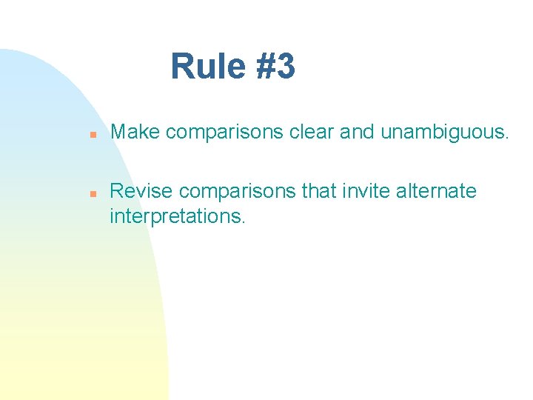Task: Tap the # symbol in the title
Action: click(266, 67)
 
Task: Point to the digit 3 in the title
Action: click(286, 67)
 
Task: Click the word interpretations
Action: click(175, 217)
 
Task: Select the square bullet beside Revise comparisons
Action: click(85, 193)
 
